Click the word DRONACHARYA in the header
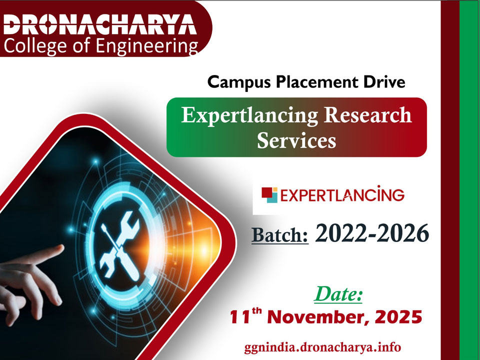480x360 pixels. point(99,25)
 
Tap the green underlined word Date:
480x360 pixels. point(338,294)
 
